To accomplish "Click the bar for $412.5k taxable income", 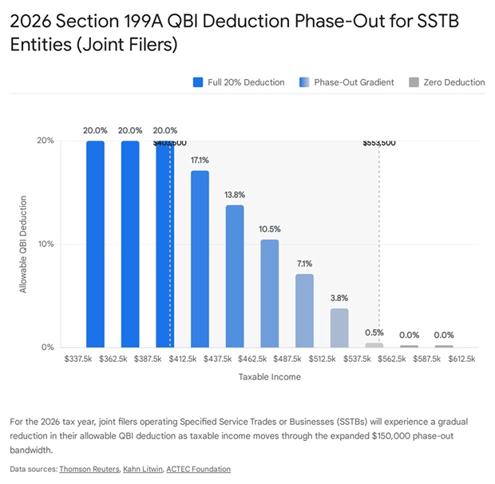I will pos(200,259).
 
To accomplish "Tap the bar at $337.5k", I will pos(96,244).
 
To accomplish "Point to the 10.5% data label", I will pos(270,229).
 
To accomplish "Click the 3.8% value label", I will pos(339,298).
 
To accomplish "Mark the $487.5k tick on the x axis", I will pos(304,360).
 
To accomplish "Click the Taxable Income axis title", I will pos(270,377).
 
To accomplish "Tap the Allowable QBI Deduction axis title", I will pos(24,244).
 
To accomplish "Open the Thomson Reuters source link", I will pos(88,469).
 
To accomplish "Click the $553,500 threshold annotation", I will pos(378,143).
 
